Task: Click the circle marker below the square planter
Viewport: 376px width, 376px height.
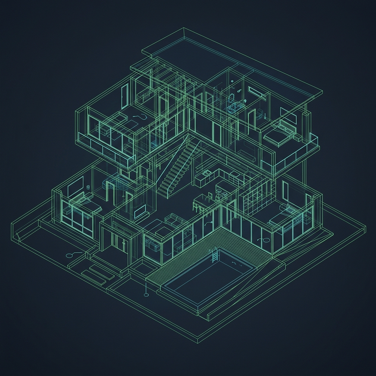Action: pos(146,294)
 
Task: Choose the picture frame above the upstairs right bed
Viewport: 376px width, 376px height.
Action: pos(289,115)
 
